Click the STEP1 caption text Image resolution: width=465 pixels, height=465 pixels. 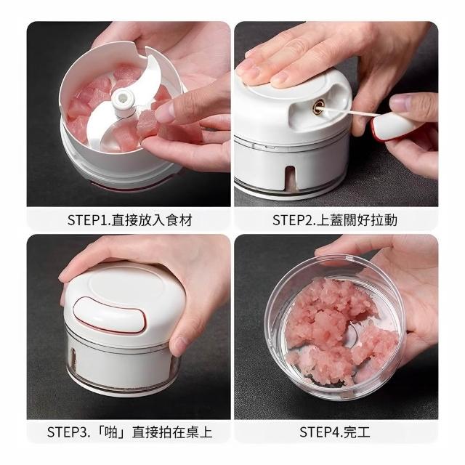(x=130, y=220)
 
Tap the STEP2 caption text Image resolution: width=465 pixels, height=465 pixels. (x=335, y=220)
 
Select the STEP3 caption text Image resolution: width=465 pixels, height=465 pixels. (x=129, y=432)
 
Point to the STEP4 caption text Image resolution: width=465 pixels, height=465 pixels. (x=335, y=432)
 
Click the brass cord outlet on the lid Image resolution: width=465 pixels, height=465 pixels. (x=318, y=106)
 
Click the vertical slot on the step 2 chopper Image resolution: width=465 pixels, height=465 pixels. (x=291, y=178)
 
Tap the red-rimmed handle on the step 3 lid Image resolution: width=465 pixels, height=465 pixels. (x=110, y=315)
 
